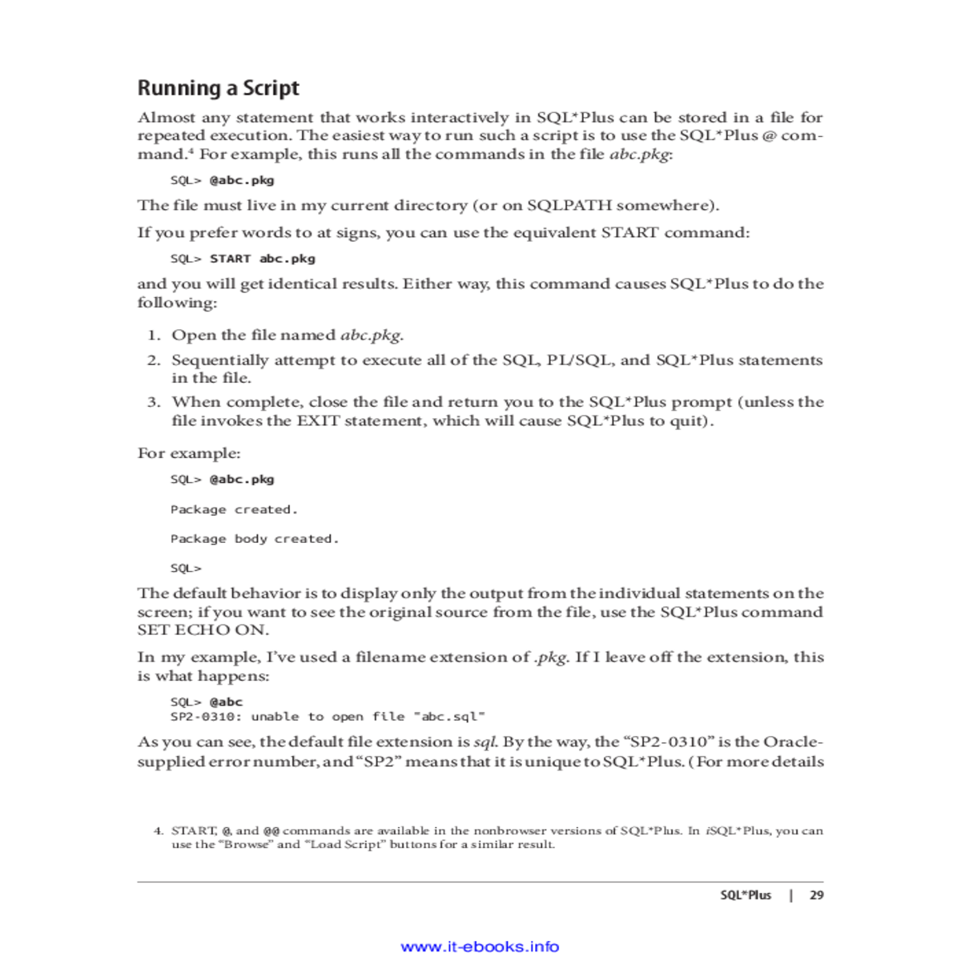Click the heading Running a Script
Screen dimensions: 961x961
coord(218,88)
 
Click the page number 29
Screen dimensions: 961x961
coord(816,895)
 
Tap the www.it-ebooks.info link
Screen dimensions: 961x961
coord(480,947)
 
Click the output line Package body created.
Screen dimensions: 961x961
coord(255,539)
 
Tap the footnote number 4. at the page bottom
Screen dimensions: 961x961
coord(159,831)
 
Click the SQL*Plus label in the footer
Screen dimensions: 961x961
coord(745,895)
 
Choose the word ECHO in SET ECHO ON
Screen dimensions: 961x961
coord(203,630)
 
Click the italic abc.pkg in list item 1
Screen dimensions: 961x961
coord(371,336)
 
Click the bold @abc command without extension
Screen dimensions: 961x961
coord(226,702)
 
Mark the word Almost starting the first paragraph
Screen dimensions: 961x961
coord(166,118)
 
